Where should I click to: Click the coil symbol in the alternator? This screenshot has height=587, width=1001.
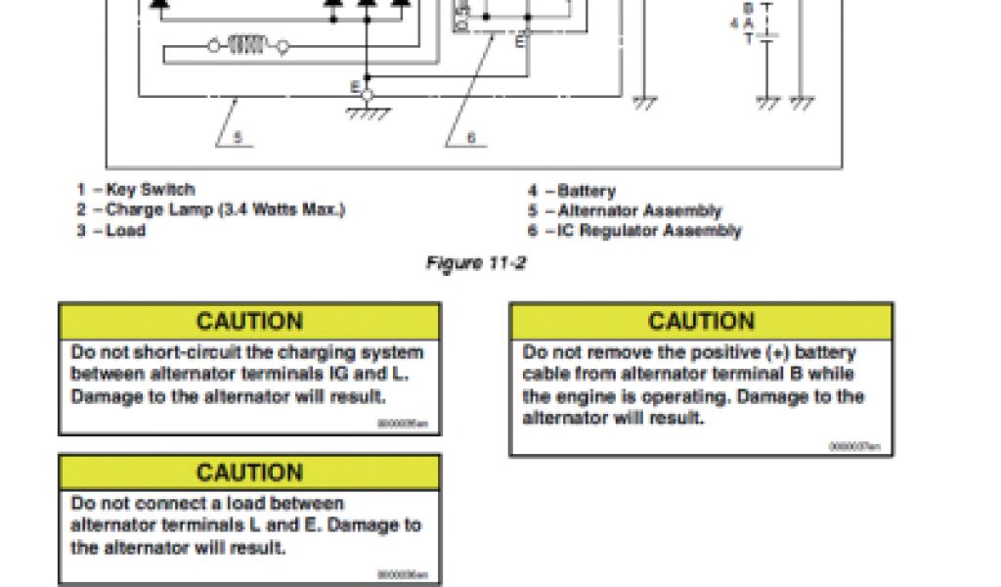247,45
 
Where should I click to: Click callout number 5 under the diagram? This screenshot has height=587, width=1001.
238,138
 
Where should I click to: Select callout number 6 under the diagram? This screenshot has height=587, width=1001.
471,138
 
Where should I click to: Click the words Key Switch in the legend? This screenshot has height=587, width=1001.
151,190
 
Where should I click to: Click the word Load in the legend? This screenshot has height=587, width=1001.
126,231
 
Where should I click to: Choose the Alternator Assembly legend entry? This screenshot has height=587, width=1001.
639,210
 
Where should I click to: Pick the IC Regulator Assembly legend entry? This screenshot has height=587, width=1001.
649,231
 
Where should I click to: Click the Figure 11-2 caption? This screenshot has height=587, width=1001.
476,263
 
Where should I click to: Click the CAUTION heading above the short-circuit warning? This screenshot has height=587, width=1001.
249,322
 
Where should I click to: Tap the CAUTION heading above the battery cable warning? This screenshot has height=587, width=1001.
701,322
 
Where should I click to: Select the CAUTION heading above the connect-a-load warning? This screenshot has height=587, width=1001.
249,473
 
